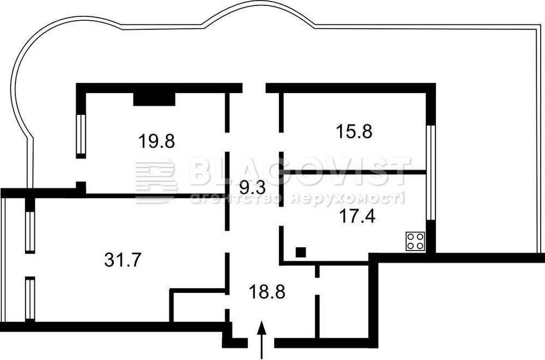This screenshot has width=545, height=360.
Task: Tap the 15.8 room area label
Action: pos(354,132)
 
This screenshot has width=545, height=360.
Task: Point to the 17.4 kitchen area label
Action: pos(357,216)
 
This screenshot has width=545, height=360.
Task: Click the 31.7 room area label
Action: pos(123,259)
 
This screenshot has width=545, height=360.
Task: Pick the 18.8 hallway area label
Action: pos(267,291)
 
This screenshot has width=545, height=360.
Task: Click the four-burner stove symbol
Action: pos(416,241)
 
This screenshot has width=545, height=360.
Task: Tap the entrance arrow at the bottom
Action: pos(262,340)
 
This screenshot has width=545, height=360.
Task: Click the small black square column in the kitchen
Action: pos(301,252)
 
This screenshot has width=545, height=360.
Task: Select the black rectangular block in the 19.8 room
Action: pos(154,99)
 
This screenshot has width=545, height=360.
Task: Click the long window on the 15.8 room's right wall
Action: pos(431,173)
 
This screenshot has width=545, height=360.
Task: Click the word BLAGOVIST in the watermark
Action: pos(300,172)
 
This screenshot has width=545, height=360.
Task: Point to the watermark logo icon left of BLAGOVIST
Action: pos(156,181)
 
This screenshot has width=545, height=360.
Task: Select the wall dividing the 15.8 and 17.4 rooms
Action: pos(353,172)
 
